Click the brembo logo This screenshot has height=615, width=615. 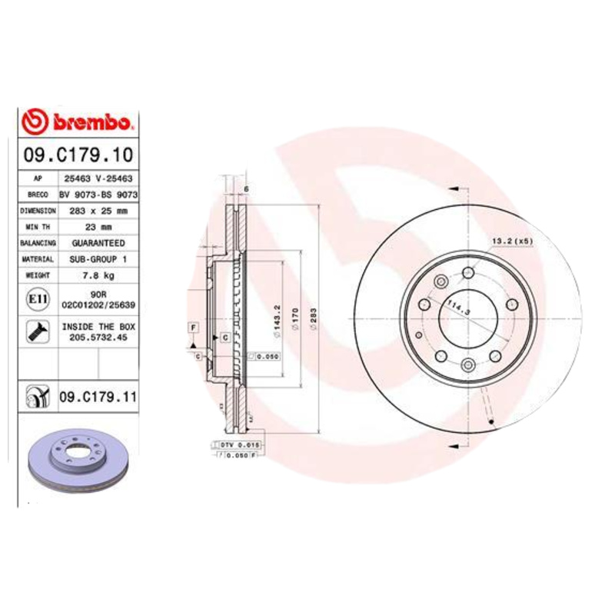coord(78,121)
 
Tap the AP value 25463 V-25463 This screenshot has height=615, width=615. coord(98,178)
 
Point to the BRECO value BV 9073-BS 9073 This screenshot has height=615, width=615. coord(98,194)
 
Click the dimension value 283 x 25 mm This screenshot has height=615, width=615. coord(98,210)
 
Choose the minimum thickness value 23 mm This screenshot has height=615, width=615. coord(98,227)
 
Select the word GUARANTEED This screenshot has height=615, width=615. coord(98,243)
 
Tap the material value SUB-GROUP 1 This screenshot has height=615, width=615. coord(98,259)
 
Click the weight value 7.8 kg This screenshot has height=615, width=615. coord(98,275)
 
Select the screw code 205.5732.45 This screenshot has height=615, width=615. coord(98,337)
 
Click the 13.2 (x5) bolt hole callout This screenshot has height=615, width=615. coord(512,241)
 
